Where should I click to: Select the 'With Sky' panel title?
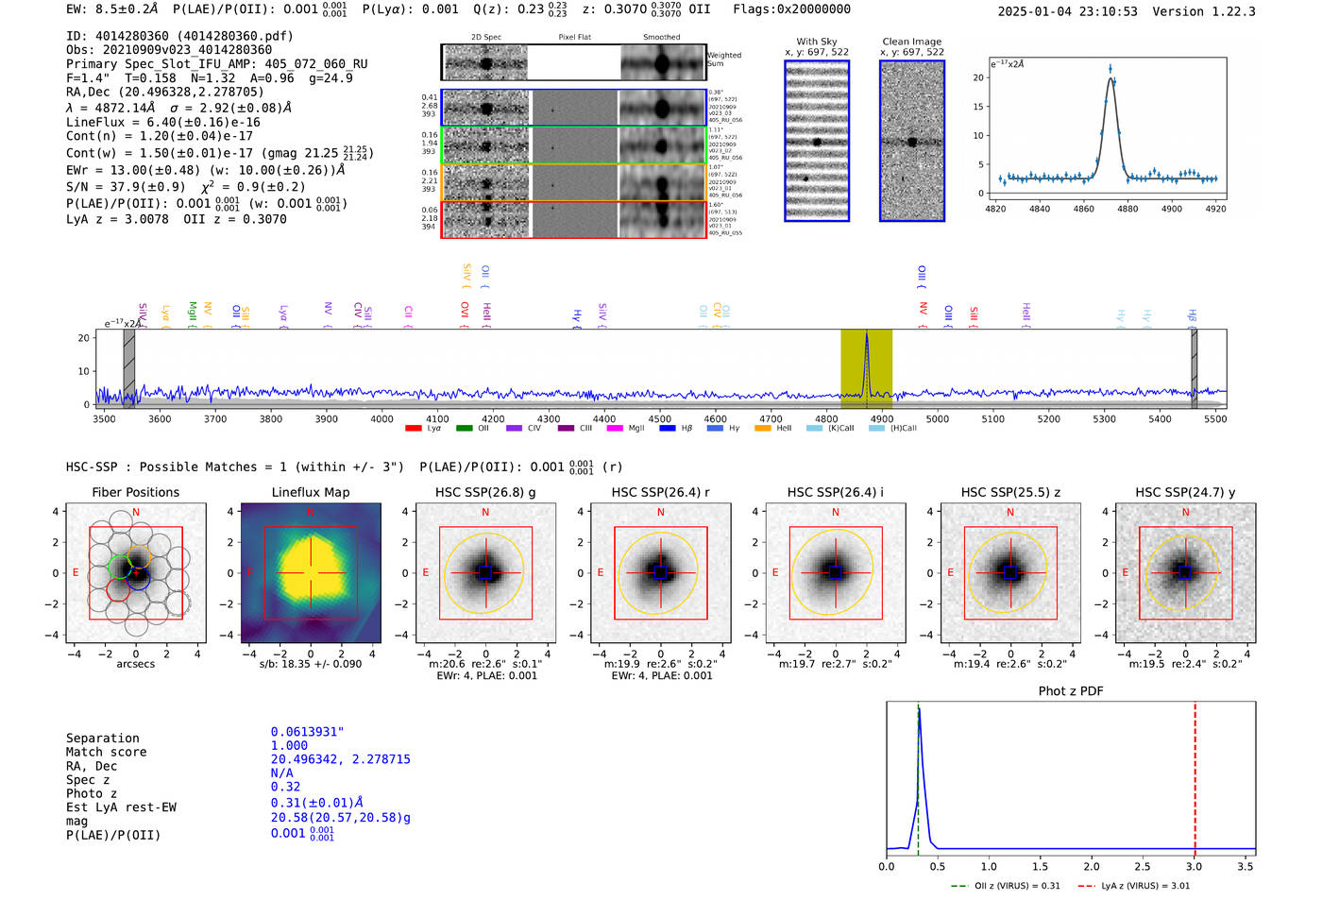817,42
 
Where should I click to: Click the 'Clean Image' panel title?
912,42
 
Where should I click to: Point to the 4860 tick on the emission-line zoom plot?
1083,209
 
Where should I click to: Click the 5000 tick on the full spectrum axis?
937,418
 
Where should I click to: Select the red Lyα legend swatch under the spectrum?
414,429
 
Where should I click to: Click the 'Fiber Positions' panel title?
136,492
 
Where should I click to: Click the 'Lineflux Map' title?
311,492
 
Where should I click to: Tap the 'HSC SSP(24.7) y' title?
1185,492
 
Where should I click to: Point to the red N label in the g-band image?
485,512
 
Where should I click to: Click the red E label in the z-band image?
951,572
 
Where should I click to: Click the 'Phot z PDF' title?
1071,690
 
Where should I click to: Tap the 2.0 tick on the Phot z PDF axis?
1092,866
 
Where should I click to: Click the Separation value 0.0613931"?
307,732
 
